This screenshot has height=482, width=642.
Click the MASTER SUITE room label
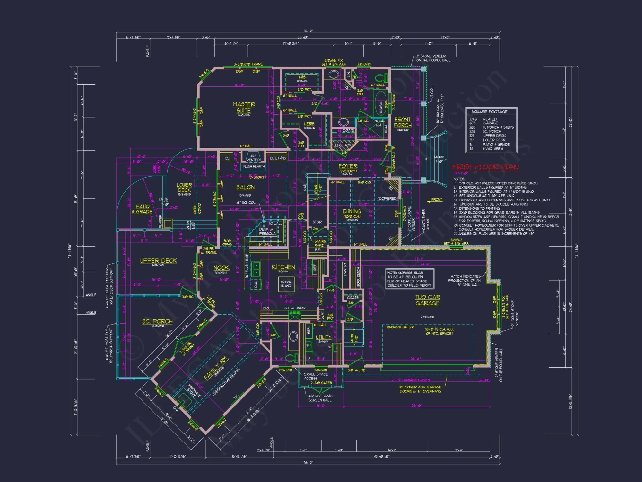pyautogui.click(x=244, y=107)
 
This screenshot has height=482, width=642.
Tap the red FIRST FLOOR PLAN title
pyautogui.click(x=485, y=167)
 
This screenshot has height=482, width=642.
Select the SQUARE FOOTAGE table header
pyautogui.click(x=489, y=112)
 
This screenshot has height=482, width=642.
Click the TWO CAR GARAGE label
pyautogui.click(x=428, y=300)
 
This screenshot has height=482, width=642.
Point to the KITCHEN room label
pyautogui.click(x=283, y=267)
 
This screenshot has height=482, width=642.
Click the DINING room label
pyautogui.click(x=352, y=211)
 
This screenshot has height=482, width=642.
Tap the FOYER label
pyautogui.click(x=348, y=166)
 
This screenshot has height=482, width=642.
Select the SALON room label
pyautogui.click(x=245, y=187)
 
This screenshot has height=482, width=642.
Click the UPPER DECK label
pyautogui.click(x=158, y=261)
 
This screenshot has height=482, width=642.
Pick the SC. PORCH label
pyautogui.click(x=157, y=321)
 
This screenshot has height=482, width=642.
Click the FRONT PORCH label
pyautogui.click(x=403, y=122)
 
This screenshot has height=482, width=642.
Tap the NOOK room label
pyautogui.click(x=221, y=268)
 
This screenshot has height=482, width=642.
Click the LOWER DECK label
pyautogui.click(x=184, y=187)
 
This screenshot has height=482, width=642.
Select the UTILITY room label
pyautogui.click(x=323, y=337)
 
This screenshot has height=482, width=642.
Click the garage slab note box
pyautogui.click(x=410, y=279)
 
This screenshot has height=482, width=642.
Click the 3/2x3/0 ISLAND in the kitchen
pyautogui.click(x=285, y=284)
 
